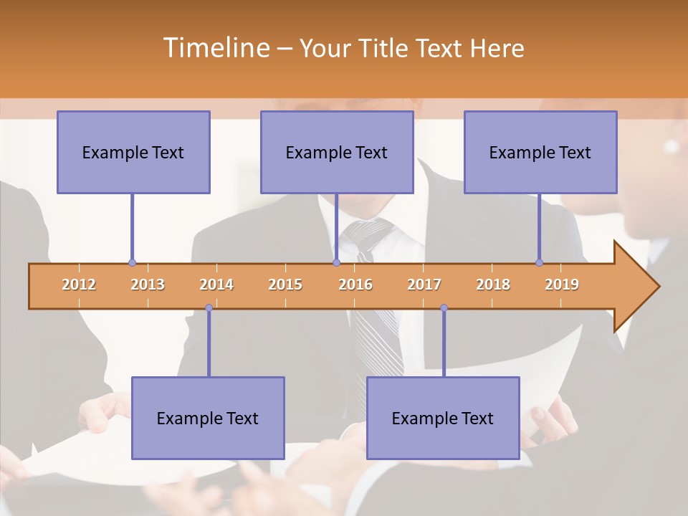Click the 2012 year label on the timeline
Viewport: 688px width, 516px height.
pos(79,285)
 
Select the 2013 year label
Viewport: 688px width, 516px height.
pos(148,285)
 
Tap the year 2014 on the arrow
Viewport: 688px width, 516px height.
pos(216,285)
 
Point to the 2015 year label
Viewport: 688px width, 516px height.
pos(285,285)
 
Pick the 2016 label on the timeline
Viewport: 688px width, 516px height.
pos(355,285)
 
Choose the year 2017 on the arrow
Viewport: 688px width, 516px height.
pos(424,285)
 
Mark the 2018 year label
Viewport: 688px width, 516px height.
pos(493,285)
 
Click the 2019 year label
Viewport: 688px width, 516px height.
pos(562,285)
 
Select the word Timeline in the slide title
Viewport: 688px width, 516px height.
pos(216,48)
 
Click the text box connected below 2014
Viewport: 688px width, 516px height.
pos(208,418)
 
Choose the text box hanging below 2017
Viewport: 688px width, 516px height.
pos(443,418)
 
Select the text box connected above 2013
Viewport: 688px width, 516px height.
pos(133,152)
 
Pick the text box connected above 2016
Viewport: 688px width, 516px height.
pos(337,152)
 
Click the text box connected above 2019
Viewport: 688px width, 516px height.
pos(540,152)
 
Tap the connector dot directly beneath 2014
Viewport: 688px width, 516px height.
pos(209,307)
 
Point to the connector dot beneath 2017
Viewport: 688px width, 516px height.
pos(444,307)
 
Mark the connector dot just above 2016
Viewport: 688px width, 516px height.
pos(336,262)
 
